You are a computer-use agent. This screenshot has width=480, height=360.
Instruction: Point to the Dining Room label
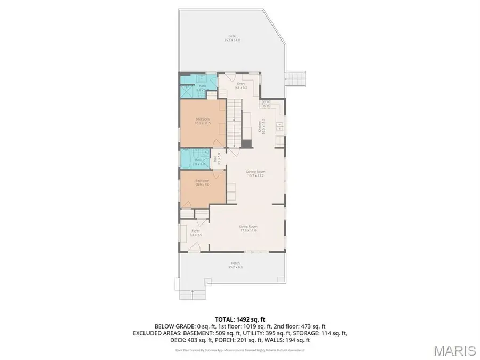tap(255, 173)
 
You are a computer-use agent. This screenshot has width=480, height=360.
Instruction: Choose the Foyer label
tap(195, 233)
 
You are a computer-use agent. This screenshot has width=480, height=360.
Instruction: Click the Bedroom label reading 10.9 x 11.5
tap(203, 121)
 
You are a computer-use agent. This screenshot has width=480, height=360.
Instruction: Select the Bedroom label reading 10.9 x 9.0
tap(202, 182)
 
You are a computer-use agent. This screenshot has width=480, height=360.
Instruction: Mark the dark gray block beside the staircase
tap(246, 143)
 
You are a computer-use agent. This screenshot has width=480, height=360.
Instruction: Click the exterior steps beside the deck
tap(297, 80)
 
